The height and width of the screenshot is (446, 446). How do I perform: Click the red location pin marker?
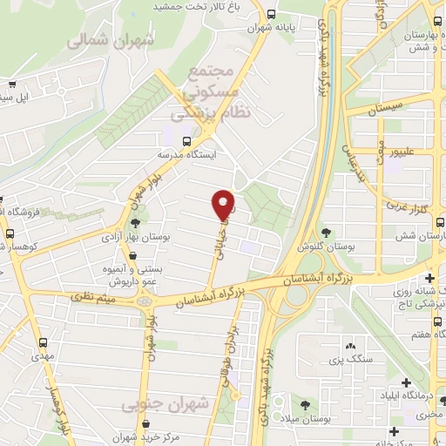click(224, 204)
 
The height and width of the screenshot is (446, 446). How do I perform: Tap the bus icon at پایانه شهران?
click(273, 15)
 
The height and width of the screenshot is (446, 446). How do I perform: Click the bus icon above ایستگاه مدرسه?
click(186, 140)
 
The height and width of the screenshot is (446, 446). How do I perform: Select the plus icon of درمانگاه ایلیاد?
click(404, 382)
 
